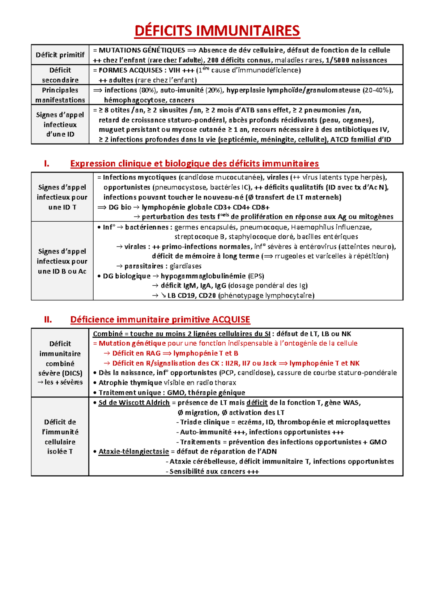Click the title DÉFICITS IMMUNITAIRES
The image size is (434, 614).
pyautogui.click(x=217, y=31)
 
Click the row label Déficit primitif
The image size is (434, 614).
pyautogui.click(x=60, y=55)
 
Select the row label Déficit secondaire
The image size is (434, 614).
pyautogui.click(x=60, y=75)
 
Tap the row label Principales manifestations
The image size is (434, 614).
pyautogui.click(x=60, y=95)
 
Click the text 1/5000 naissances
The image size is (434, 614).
pyautogui.click(x=356, y=60)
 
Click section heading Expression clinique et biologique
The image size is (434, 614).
pyautogui.click(x=194, y=164)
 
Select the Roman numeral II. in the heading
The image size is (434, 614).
pyautogui.click(x=48, y=320)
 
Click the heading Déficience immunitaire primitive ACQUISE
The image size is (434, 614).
pyautogui.click(x=160, y=320)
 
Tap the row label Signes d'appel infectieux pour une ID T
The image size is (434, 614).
pyautogui.click(x=62, y=197)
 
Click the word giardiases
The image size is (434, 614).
pyautogui.click(x=186, y=266)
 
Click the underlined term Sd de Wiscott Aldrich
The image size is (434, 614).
pyautogui.click(x=134, y=403)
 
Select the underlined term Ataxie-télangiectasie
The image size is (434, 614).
pyautogui.click(x=133, y=452)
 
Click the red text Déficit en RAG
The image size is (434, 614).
pyautogui.click(x=136, y=353)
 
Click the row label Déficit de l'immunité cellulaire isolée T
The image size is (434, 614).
pyautogui.click(x=60, y=436)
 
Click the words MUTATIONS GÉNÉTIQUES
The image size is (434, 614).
pyautogui.click(x=142, y=50)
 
